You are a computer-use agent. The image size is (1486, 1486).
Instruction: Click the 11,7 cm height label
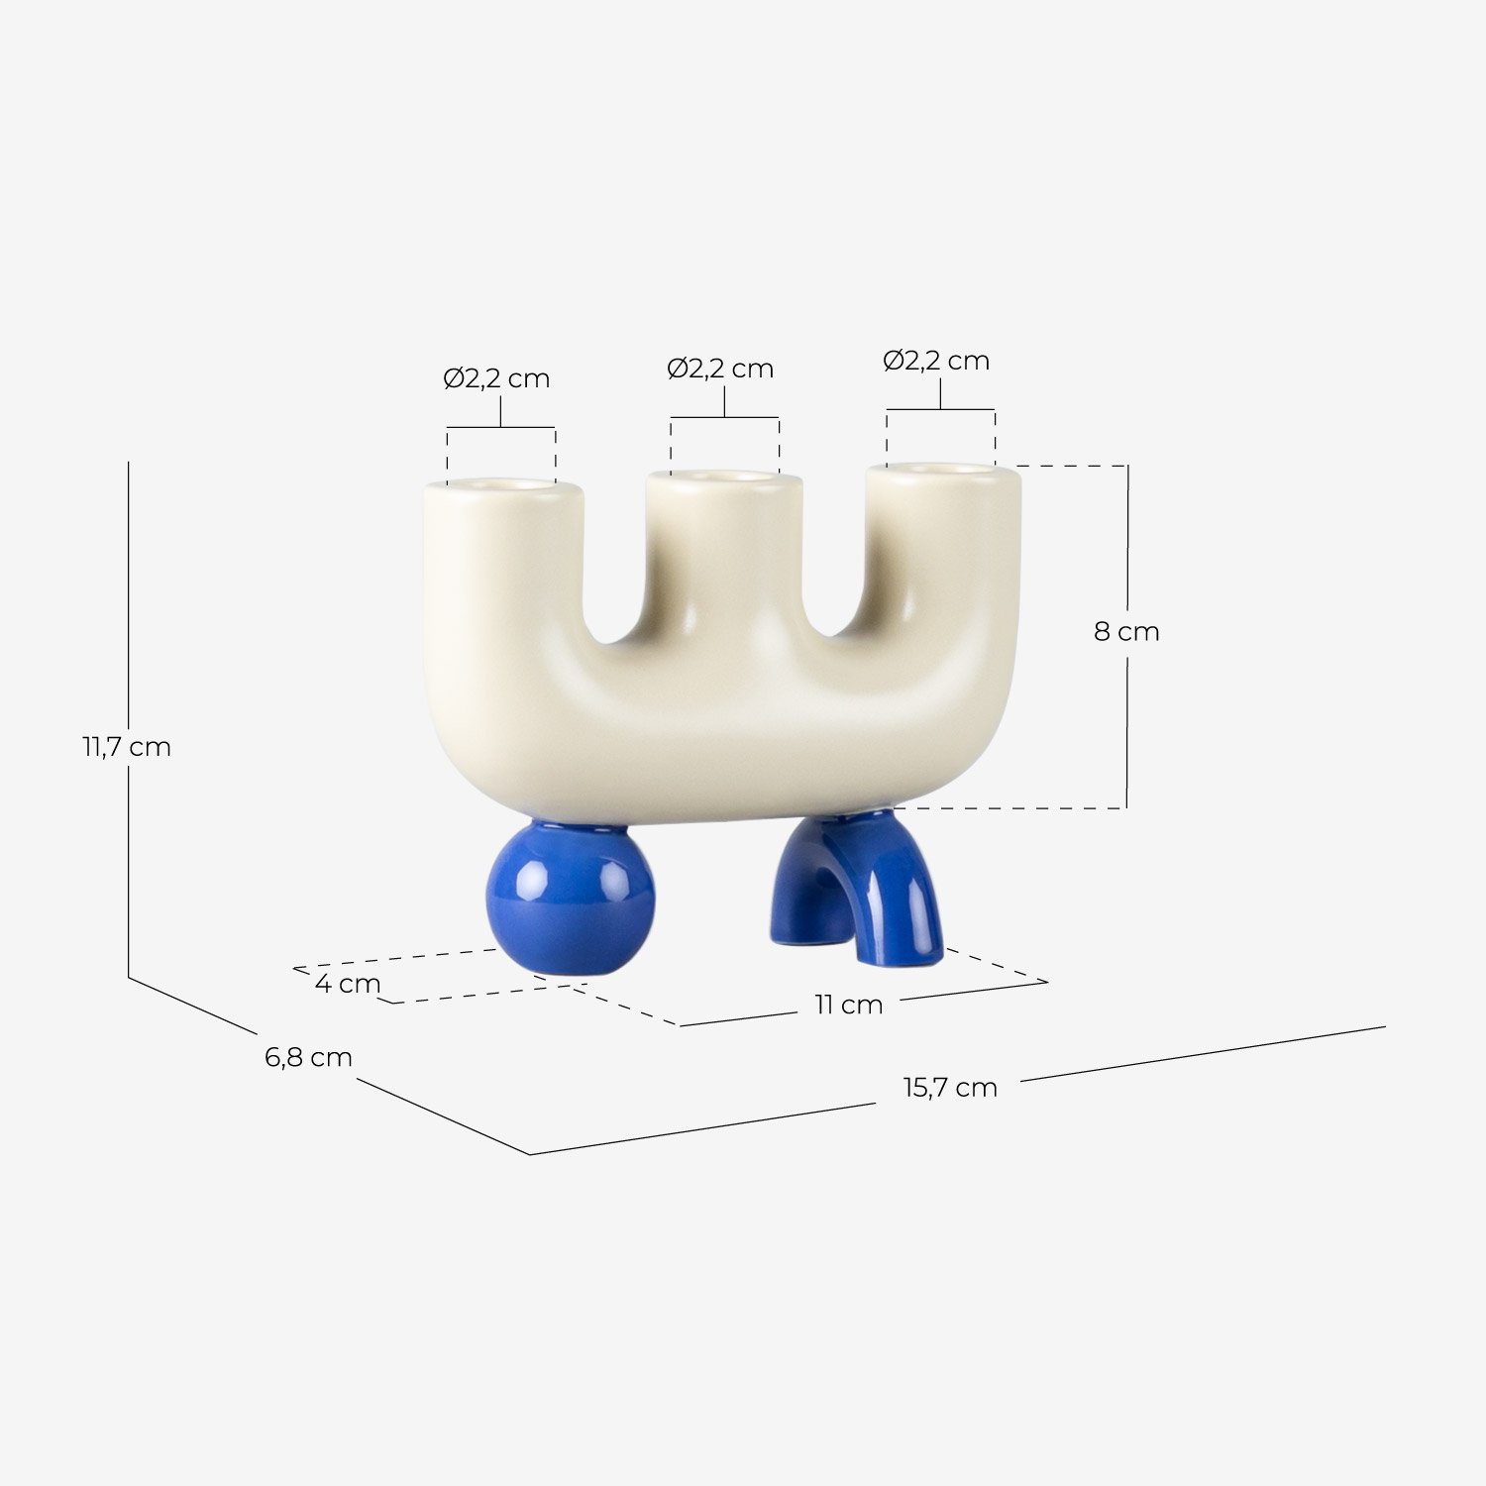pos(126,747)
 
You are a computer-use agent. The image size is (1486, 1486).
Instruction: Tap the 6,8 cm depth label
pos(308,1057)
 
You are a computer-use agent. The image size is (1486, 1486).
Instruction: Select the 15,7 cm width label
pos(949,1088)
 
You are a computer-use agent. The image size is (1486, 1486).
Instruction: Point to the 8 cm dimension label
pos(1126,632)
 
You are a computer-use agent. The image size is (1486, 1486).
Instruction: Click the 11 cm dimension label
pos(848,1005)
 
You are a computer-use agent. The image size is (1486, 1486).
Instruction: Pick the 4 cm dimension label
pos(348,984)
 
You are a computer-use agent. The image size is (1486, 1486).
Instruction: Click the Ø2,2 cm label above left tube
pos(496,379)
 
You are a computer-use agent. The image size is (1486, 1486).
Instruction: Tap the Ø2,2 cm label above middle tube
pos(720,369)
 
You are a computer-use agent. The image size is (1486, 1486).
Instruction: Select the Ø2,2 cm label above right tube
pos(936,361)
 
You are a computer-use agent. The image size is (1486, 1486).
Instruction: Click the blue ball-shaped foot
pos(570,897)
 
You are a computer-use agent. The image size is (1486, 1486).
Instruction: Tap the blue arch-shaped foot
pos(872,882)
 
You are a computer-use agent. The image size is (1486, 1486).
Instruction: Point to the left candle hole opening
pos(502,485)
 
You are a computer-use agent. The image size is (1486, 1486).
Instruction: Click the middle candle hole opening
pos(724,478)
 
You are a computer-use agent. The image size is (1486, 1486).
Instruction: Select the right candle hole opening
pos(941,469)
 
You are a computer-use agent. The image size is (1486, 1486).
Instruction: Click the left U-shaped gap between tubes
pos(614,584)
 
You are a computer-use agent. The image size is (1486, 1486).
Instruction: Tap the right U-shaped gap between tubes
pos(834,580)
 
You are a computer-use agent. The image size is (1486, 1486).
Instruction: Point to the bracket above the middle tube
pos(724,417)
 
